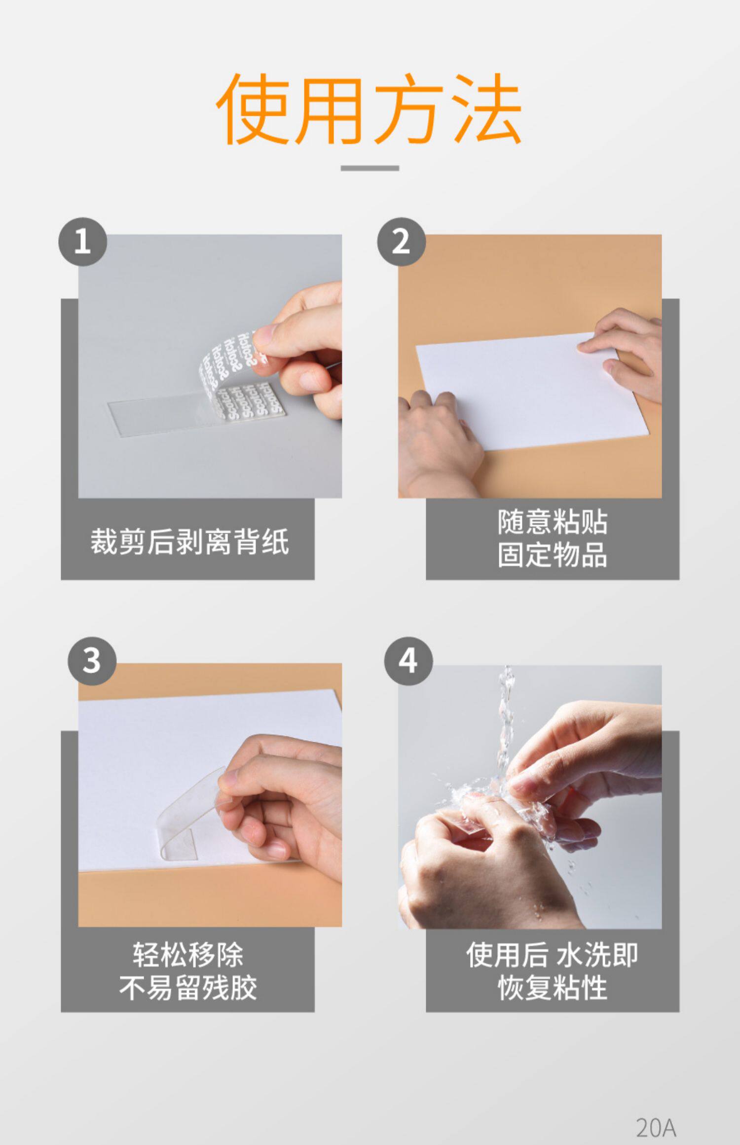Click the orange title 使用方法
point(369,109)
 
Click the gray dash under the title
point(370,168)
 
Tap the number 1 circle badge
point(83,242)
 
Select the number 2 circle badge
point(402,242)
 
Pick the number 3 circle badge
point(92,661)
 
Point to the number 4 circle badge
point(408,661)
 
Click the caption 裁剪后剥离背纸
point(189,541)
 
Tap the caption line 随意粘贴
point(553,522)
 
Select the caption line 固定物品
point(553,554)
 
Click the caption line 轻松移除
point(188,955)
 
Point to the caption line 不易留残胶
point(188,988)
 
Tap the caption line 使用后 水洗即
point(552,955)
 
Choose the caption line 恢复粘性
point(553,988)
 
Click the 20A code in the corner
point(656,1127)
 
